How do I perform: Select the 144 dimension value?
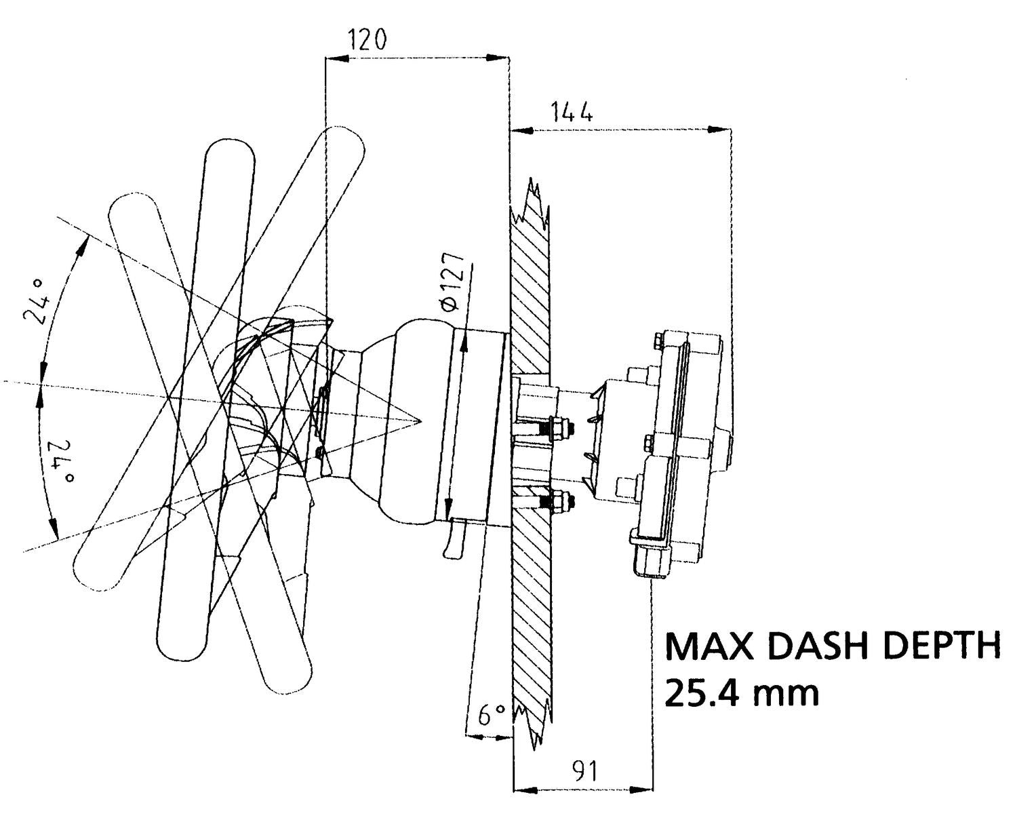click(x=572, y=111)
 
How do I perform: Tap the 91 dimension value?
click(x=584, y=771)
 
